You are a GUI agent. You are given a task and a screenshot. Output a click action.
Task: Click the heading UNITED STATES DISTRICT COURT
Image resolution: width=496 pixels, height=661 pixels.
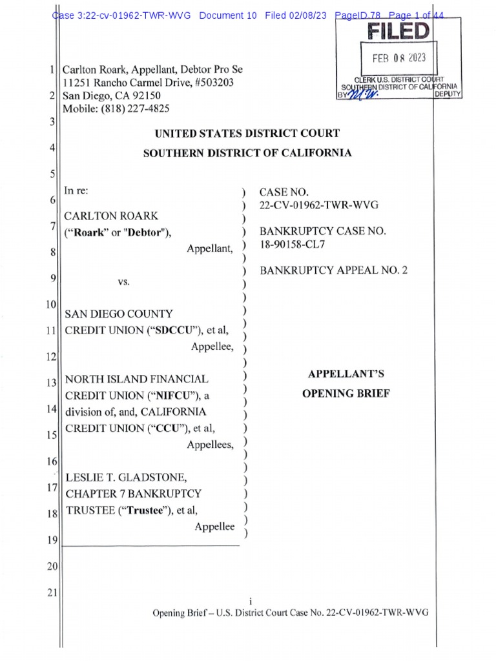tap(247, 134)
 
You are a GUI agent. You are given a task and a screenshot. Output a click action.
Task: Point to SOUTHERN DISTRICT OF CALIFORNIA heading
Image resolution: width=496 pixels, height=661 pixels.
tap(247, 153)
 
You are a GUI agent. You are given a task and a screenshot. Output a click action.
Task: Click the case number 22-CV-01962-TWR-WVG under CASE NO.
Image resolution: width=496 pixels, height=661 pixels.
tap(318, 205)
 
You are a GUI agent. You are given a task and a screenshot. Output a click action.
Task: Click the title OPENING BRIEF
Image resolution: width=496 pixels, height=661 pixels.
tap(346, 393)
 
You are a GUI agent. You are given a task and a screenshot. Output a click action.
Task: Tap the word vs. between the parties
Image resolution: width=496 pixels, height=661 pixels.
tap(124, 282)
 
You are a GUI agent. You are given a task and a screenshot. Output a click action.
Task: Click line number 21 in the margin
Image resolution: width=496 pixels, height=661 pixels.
tap(52, 593)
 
